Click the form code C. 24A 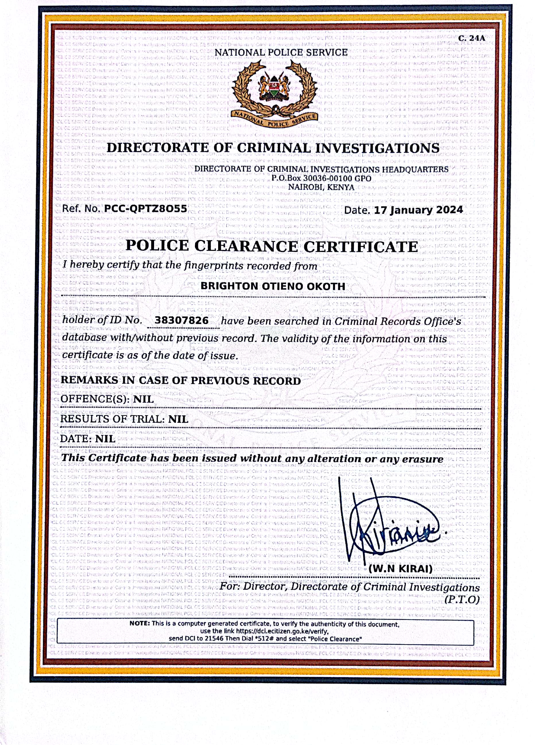coord(471,38)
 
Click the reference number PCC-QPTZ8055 coord(145,209)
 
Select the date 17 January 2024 coord(418,210)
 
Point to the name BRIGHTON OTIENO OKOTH coord(273,286)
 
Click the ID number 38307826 coord(181,320)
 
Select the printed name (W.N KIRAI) coord(400,569)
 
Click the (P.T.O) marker coord(462,600)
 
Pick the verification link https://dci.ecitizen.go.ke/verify coord(282,631)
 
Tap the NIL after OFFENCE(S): coord(143,399)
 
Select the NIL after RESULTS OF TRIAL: coord(178,419)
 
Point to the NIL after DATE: coord(105,439)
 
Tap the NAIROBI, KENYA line coord(321,187)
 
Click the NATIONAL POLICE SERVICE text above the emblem coord(281,53)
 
